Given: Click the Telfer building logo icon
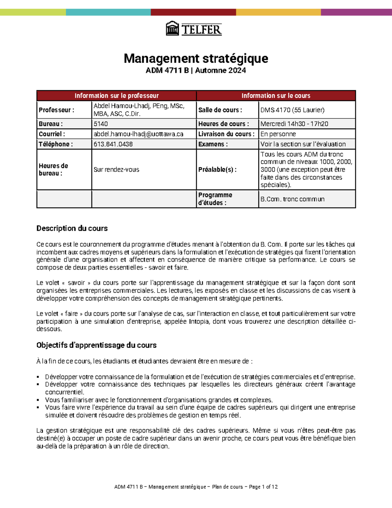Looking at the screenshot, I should click(x=172, y=28).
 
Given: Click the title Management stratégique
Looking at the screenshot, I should click(x=196, y=59).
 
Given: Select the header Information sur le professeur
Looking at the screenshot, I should click(x=117, y=96).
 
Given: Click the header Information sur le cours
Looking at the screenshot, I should click(x=276, y=96).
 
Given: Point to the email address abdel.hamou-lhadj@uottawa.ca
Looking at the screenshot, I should click(x=138, y=134).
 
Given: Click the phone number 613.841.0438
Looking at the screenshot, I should click(x=113, y=144).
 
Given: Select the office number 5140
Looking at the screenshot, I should click(x=101, y=124).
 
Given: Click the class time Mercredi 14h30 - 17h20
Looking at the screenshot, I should click(x=294, y=124).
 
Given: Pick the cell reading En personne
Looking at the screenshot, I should click(x=278, y=134).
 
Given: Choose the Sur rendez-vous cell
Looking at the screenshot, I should click(x=116, y=169).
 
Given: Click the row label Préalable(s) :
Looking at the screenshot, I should click(x=217, y=169).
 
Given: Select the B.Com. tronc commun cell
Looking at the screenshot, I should click(x=292, y=199).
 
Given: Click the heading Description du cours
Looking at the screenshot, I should click(x=72, y=228).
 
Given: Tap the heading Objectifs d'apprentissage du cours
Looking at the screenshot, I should click(x=96, y=345).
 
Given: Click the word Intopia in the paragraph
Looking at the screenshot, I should click(x=199, y=322).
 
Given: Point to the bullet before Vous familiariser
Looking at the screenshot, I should click(x=38, y=400).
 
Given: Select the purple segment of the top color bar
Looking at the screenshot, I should click(x=356, y=12).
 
